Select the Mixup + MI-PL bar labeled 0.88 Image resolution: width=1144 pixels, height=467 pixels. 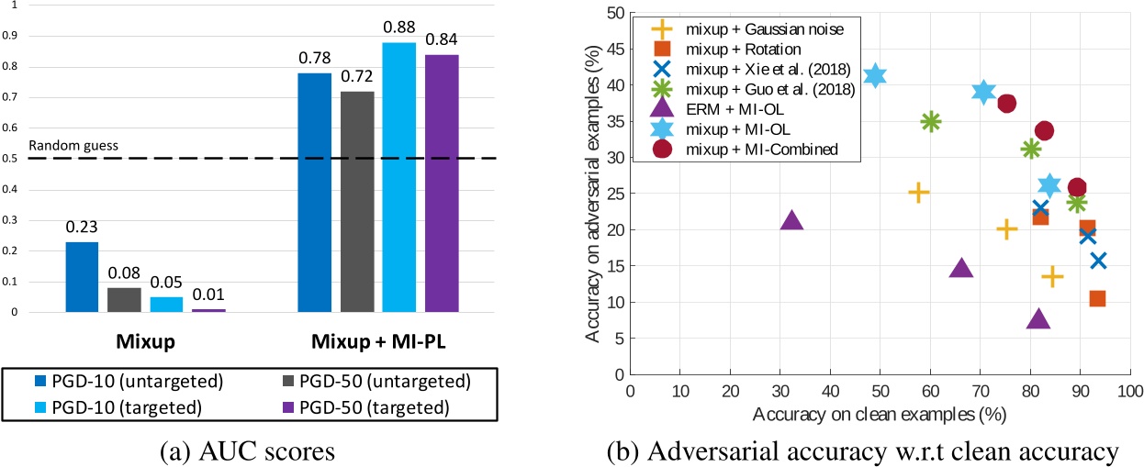(x=399, y=177)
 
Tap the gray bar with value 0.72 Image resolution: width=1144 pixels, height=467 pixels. (x=357, y=202)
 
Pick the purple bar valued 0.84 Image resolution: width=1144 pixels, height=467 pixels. (x=442, y=183)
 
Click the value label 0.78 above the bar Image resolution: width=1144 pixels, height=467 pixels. (x=315, y=59)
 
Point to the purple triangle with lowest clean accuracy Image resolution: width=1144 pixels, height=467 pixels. (x=791, y=220)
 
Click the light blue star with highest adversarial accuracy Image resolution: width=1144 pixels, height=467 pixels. (x=875, y=76)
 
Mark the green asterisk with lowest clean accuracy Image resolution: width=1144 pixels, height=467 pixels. (x=931, y=121)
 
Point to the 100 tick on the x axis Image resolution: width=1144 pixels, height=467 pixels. (x=1127, y=391)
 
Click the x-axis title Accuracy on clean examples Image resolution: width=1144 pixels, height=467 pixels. (x=879, y=414)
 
